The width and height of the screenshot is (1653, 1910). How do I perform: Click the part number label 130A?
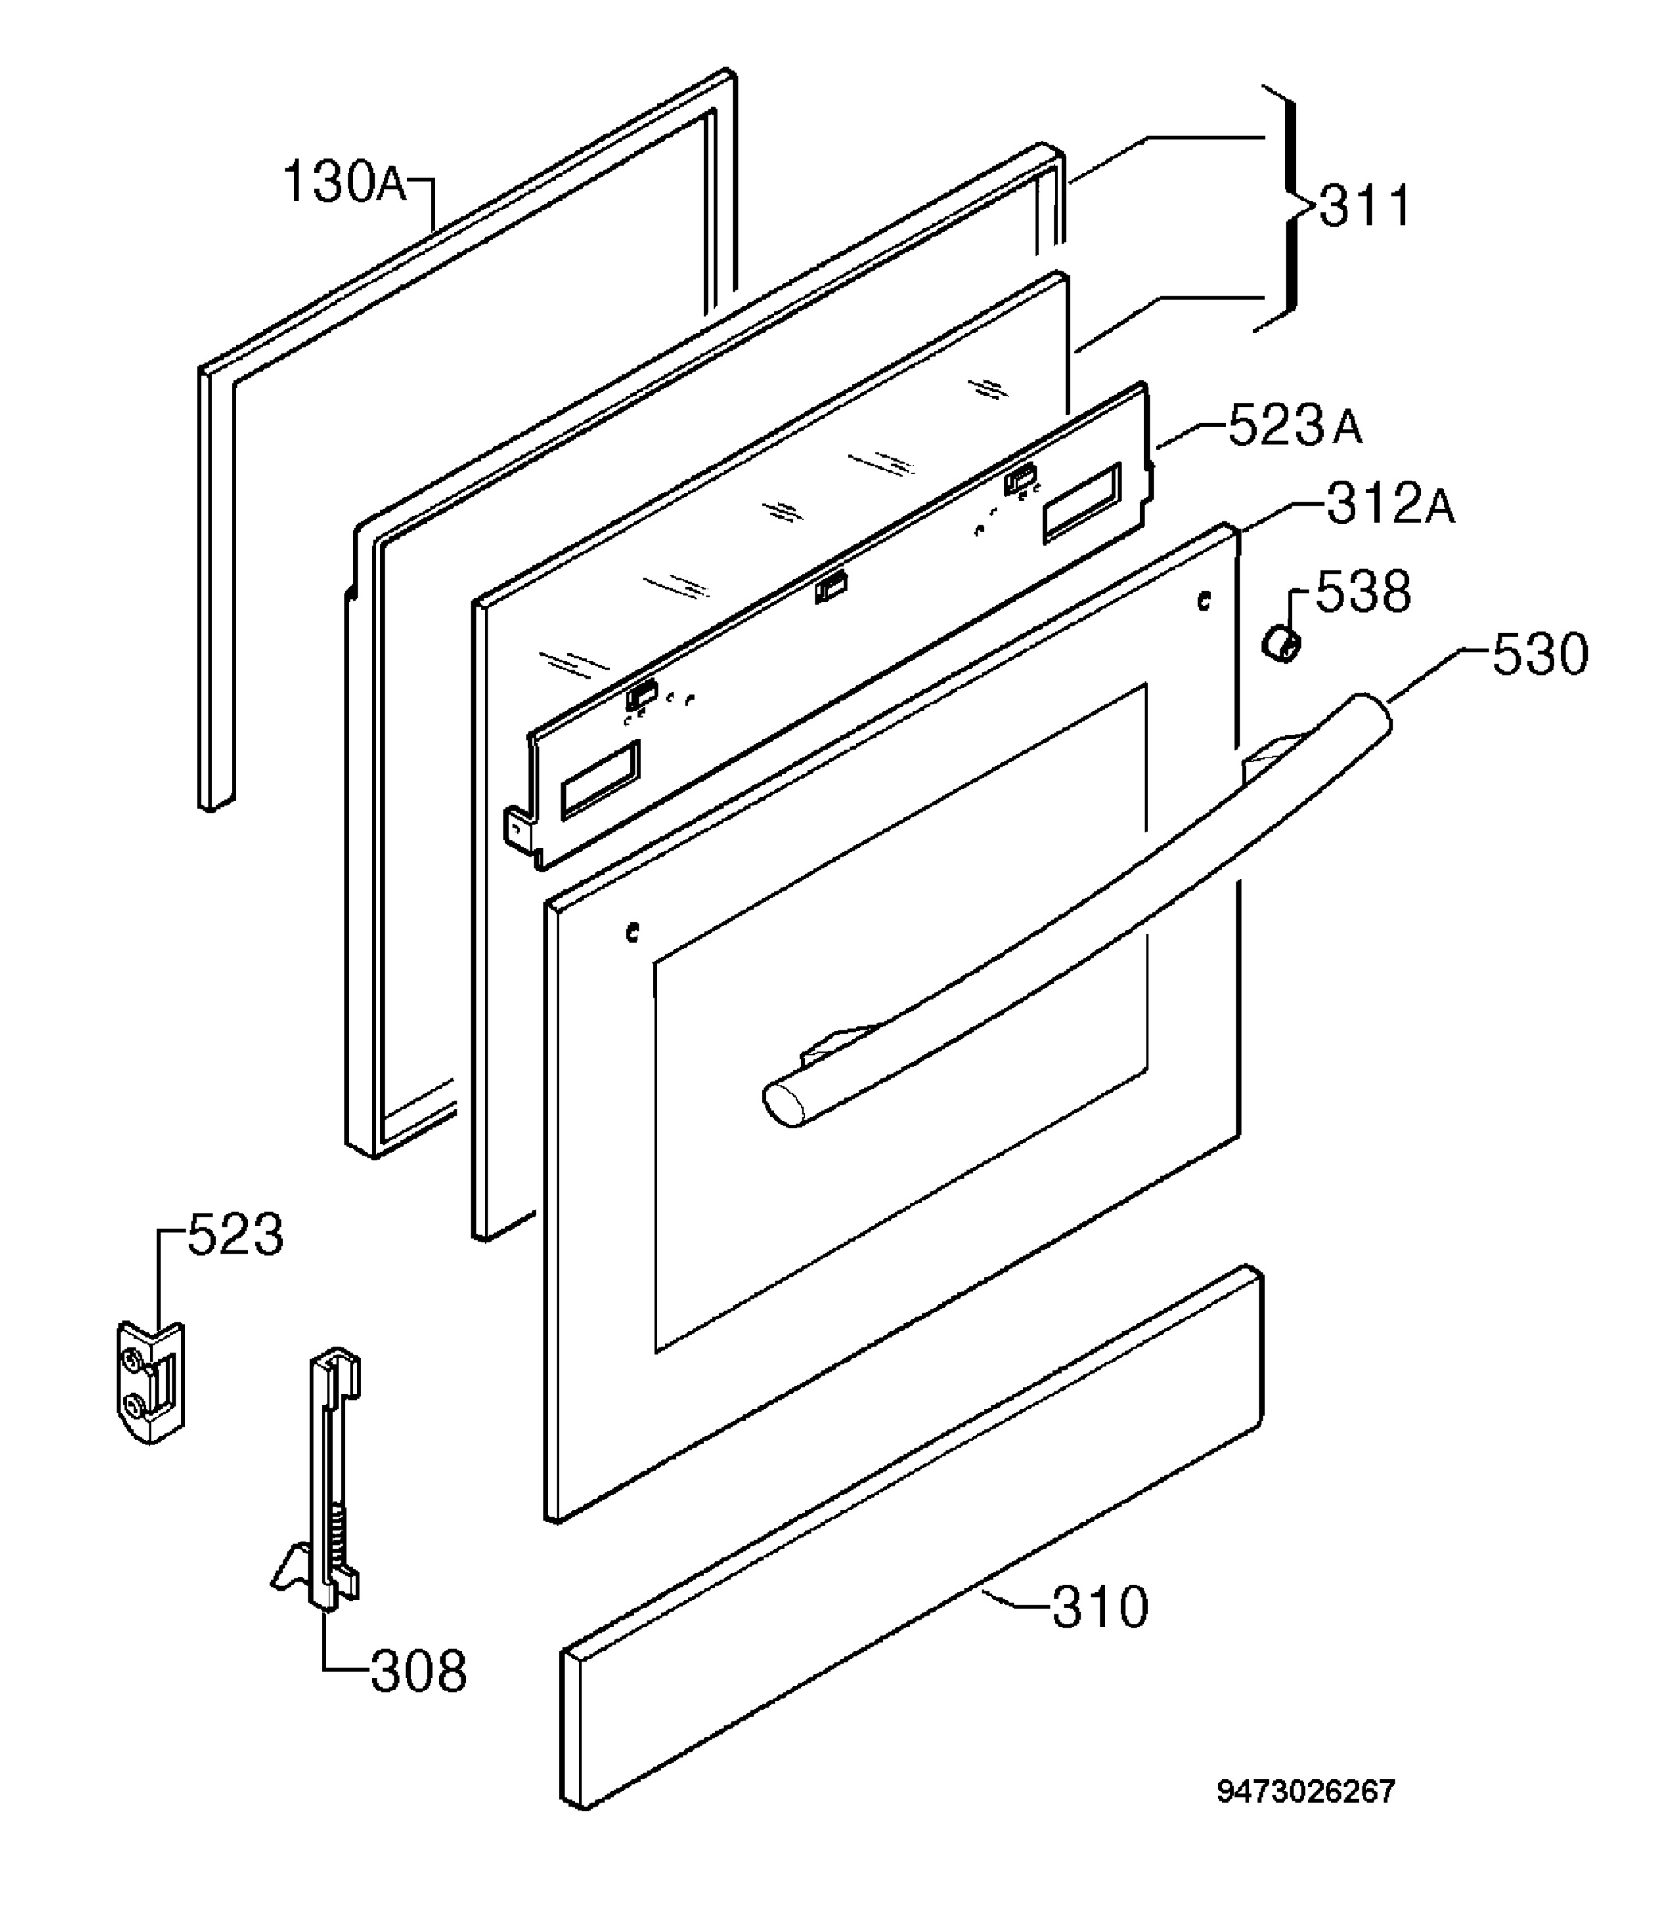(344, 181)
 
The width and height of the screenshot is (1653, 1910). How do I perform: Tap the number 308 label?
(419, 1670)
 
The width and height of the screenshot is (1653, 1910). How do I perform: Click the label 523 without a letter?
(236, 1235)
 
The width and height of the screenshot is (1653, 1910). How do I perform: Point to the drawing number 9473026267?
(1306, 1817)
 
